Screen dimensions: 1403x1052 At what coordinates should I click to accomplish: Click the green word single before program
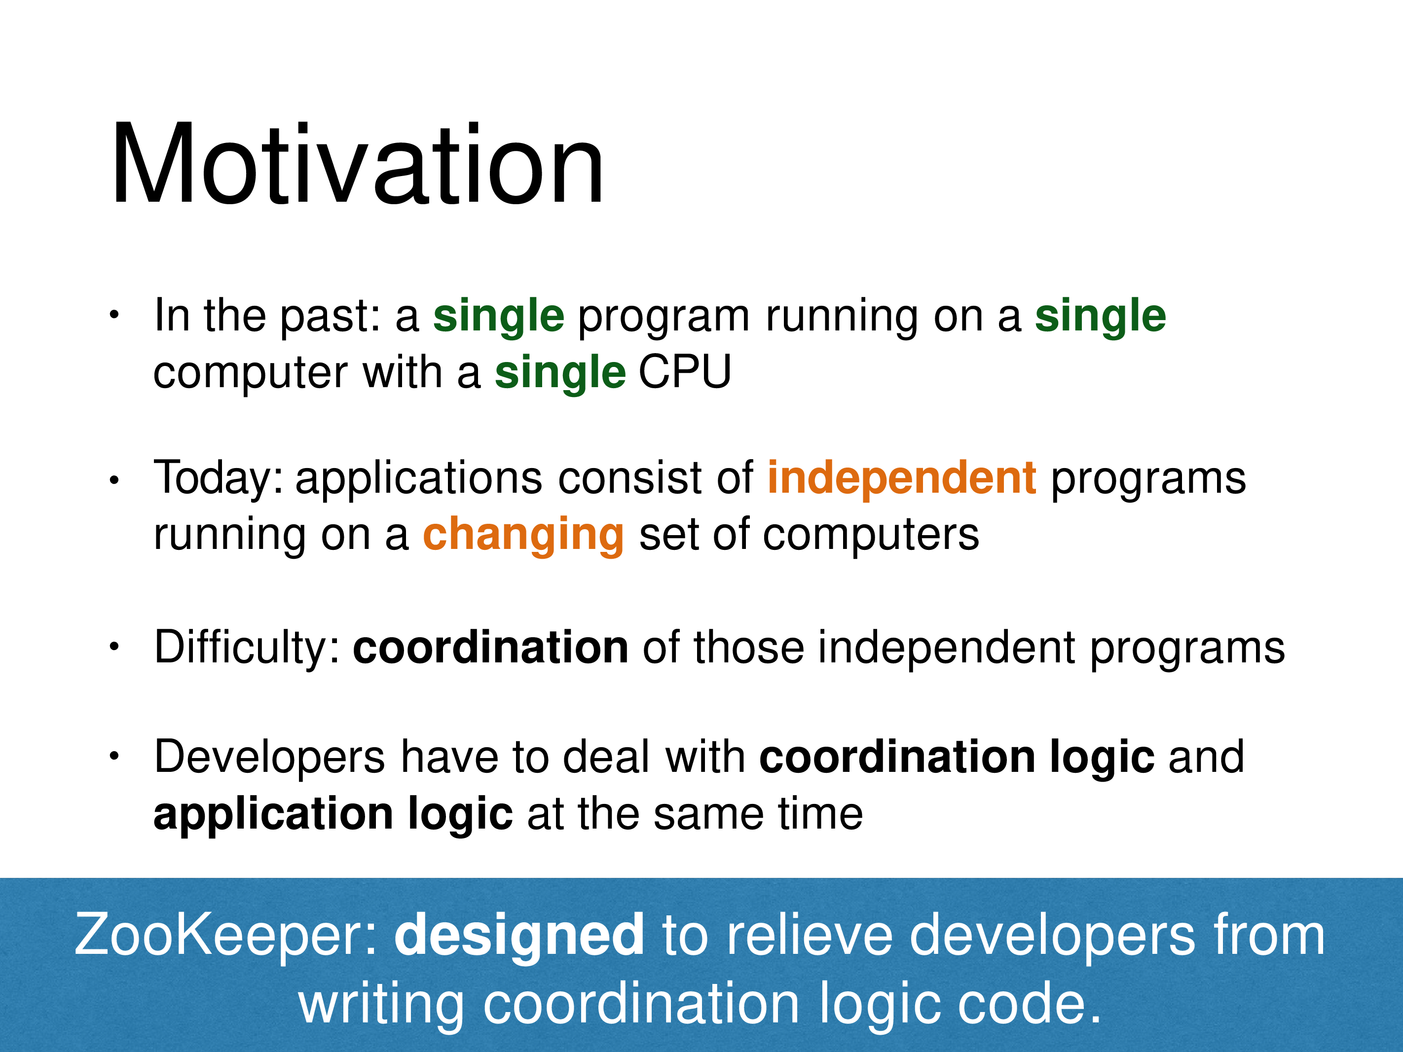tap(499, 317)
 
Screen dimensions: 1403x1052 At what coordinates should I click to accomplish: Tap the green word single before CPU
tap(560, 373)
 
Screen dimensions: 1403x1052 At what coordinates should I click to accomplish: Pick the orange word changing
tap(523, 536)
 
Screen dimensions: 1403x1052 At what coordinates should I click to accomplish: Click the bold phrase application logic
tap(333, 815)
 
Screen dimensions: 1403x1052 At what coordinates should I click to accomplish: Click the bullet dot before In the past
tap(114, 315)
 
